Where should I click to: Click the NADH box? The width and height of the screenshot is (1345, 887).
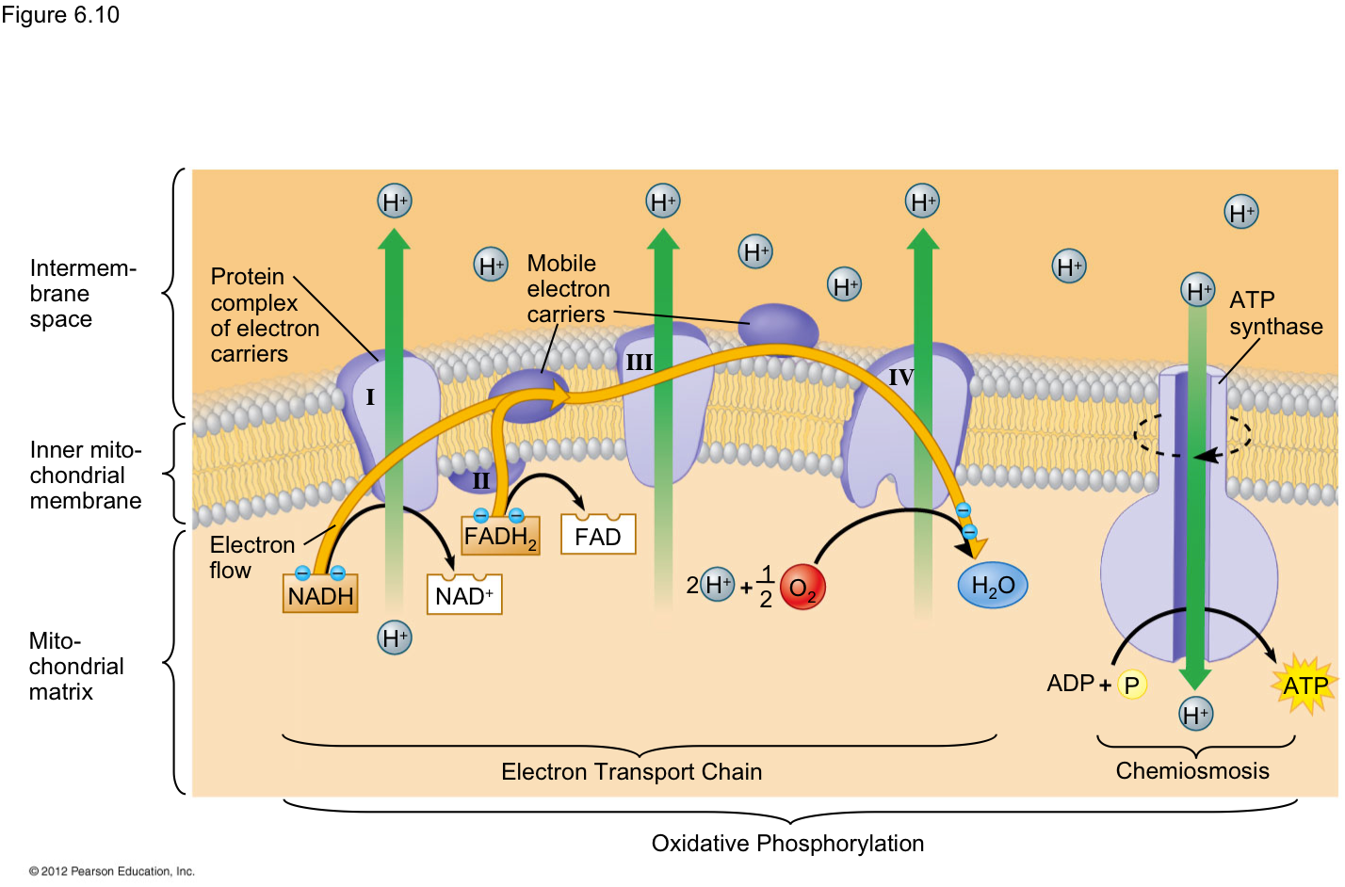point(320,593)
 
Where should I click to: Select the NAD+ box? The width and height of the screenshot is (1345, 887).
point(464,594)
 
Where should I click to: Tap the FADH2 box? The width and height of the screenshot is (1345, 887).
point(500,536)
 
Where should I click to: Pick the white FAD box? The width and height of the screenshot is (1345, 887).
point(598,534)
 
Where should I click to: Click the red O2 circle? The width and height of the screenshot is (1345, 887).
point(802,587)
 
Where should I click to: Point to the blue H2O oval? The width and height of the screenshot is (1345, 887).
point(993,585)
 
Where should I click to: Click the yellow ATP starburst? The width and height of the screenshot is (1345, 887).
point(1305,685)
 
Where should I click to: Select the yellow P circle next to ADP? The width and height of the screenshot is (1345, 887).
point(1132,685)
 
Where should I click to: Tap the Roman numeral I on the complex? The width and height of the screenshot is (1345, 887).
point(370,396)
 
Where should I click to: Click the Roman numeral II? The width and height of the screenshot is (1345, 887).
point(481,481)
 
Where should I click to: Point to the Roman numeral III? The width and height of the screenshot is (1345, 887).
point(639,362)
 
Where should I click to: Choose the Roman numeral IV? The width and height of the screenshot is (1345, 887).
point(901,378)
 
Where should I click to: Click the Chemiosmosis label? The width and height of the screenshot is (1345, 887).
point(1192,771)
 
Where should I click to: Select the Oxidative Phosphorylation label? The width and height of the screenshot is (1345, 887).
point(787,844)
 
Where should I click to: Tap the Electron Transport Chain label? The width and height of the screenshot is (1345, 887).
point(632,772)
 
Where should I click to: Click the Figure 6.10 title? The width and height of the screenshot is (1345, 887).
point(60,15)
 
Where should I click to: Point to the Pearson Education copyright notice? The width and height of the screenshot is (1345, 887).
point(112,871)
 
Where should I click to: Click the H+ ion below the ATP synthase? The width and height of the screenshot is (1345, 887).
point(1195,714)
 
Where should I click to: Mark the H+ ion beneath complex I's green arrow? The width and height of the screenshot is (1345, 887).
point(395,637)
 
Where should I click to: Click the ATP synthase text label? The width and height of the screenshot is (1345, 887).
point(1276,313)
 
